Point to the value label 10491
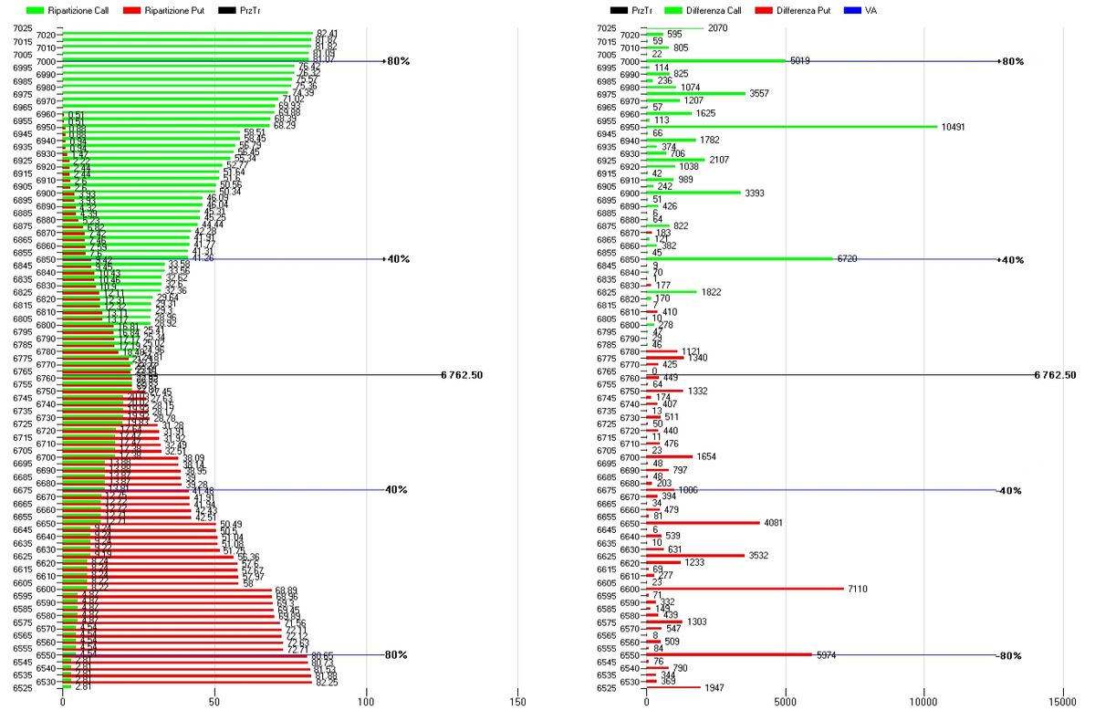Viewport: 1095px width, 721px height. click(x=956, y=127)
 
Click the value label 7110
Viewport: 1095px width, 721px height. click(x=858, y=589)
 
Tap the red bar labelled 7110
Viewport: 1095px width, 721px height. click(x=744, y=589)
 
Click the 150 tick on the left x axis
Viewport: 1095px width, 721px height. click(x=517, y=704)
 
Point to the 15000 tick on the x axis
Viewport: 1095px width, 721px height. click(x=1061, y=704)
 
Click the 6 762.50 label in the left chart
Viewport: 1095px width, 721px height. click(x=461, y=374)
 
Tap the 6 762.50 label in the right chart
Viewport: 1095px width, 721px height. click(x=1055, y=374)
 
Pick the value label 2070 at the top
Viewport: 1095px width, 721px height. click(x=718, y=28)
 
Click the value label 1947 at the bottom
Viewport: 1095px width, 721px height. click(x=714, y=687)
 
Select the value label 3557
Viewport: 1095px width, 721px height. click(x=761, y=94)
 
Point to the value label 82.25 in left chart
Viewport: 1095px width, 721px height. click(x=327, y=682)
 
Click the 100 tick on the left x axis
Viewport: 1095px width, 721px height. click(x=366, y=704)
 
